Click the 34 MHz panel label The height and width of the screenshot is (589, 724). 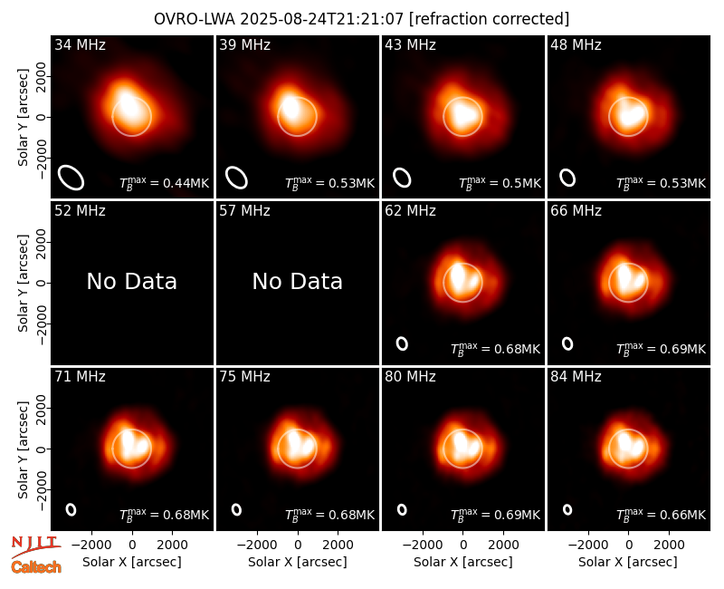pos(80,44)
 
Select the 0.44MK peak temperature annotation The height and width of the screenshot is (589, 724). pos(165,183)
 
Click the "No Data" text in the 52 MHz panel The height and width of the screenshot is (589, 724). pos(131,281)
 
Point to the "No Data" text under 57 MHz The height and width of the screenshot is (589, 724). pos(298,281)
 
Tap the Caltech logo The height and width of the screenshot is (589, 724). pos(36,567)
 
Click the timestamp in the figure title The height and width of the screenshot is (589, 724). pos(321,19)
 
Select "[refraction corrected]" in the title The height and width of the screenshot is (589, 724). pos(489,19)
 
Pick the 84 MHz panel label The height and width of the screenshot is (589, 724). pos(576,377)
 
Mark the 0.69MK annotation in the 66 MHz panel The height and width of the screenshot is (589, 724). pos(662,349)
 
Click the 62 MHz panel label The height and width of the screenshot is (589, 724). pos(410,211)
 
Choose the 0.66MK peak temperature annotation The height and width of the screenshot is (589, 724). pos(662,514)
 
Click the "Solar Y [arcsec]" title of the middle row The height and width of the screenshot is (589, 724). pos(23,283)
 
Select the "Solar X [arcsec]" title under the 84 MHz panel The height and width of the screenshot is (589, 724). pos(628,562)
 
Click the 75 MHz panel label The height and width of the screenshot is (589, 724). pos(244,377)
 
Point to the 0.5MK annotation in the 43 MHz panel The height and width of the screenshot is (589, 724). pos(500,183)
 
